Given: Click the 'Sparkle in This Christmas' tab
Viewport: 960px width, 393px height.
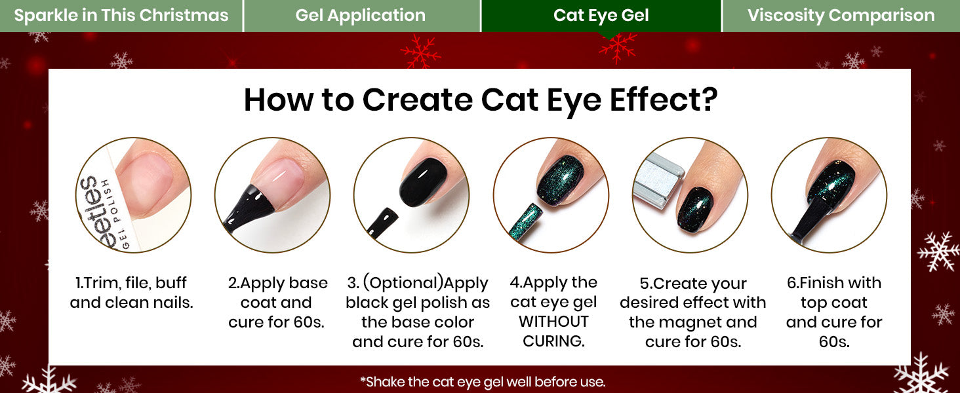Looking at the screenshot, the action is (x=121, y=16).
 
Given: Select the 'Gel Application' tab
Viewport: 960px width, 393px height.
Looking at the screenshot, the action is (x=361, y=16).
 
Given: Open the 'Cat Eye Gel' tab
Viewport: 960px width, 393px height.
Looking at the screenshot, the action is (x=601, y=16).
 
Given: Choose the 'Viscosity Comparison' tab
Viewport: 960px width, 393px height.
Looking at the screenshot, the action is (x=841, y=16).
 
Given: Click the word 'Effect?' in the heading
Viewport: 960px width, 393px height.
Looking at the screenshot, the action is (x=664, y=100).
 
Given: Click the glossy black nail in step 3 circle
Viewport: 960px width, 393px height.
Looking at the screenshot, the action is (x=424, y=182).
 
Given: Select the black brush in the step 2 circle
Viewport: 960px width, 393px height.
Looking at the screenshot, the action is (x=248, y=208).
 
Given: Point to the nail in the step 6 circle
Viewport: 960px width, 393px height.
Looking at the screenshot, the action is (x=831, y=182).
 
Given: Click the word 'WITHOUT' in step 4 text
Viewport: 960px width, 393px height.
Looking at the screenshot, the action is (x=553, y=322).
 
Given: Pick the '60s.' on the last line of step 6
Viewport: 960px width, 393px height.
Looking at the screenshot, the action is (x=834, y=342).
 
